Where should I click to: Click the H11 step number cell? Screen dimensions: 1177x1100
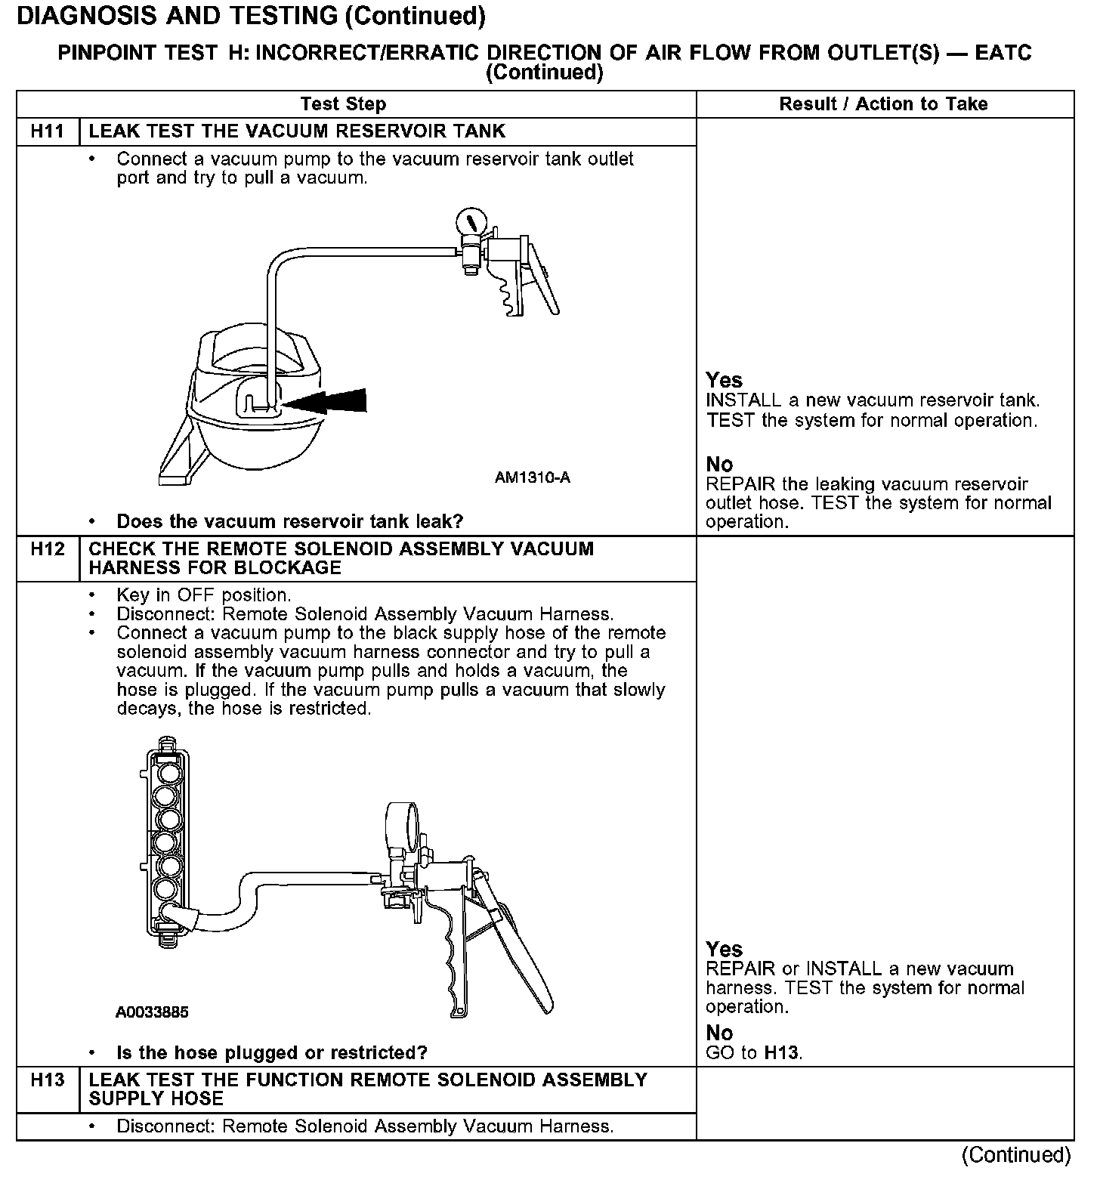pos(48,131)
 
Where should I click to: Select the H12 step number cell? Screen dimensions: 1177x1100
pos(48,549)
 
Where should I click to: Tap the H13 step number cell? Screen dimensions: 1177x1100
pos(48,1080)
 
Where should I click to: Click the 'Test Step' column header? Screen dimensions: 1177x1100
pos(343,104)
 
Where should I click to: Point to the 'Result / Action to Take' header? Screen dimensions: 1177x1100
pos(883,104)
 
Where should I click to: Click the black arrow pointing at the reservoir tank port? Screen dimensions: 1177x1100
pos(326,402)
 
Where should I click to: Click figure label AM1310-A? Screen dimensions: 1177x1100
pos(532,477)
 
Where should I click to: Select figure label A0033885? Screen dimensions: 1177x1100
pos(152,1012)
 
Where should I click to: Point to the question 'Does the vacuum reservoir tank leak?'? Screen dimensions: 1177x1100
pos(289,521)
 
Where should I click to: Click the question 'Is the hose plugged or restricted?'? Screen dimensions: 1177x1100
pos(272,1052)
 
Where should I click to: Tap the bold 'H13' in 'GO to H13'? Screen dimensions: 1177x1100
pos(781,1052)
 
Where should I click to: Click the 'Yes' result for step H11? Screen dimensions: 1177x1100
pos(724,380)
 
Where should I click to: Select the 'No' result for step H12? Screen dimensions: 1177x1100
pos(719,1033)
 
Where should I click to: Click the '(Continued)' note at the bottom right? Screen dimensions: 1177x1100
pos(1016,1155)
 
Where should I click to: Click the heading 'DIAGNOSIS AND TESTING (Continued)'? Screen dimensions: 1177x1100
pos(251,15)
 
